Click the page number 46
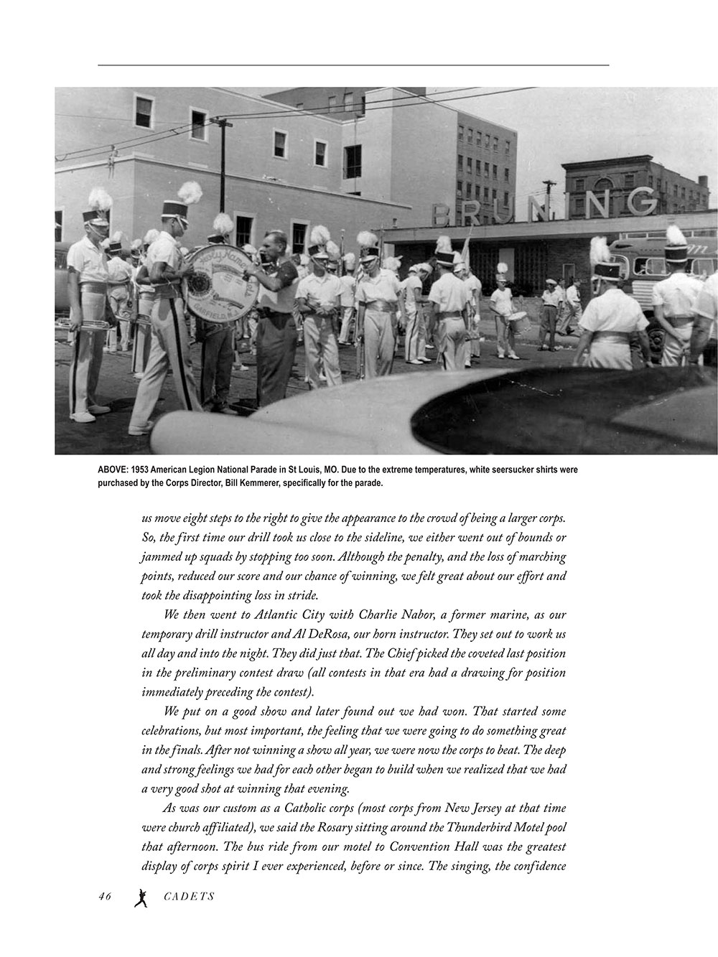105,896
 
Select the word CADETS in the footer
189,896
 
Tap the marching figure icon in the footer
141,897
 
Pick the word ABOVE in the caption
113,470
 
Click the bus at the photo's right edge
661,287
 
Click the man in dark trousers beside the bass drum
276,316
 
